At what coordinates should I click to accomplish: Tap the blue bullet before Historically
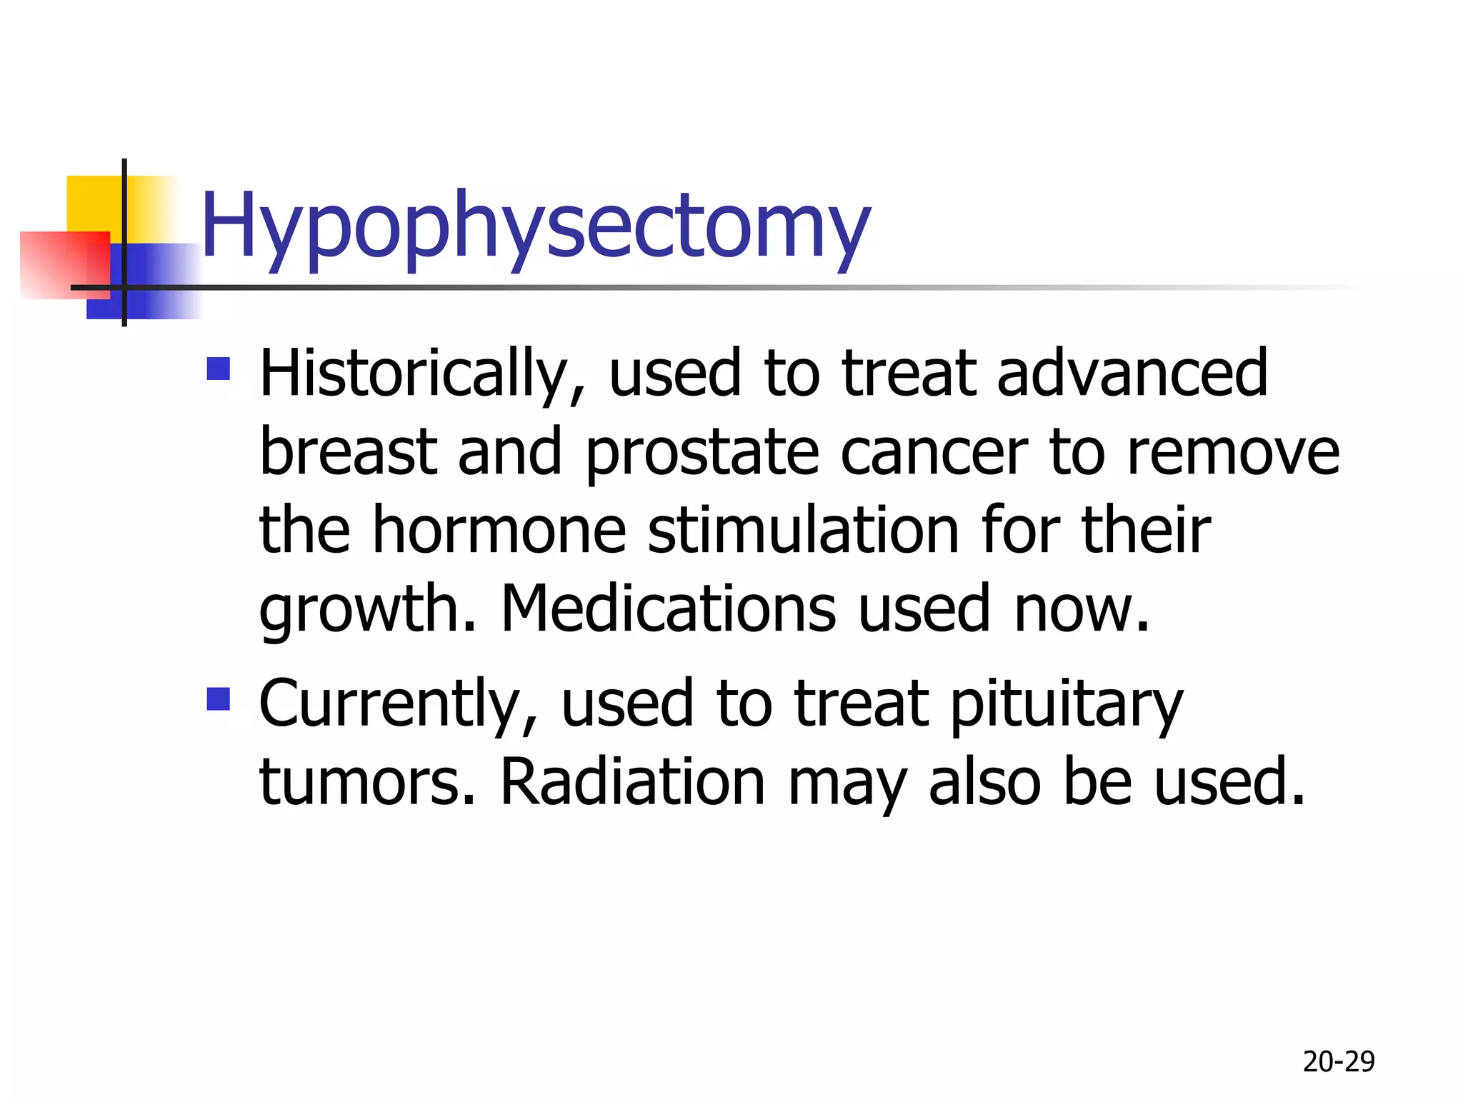coord(219,369)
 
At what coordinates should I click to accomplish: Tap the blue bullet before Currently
coord(219,699)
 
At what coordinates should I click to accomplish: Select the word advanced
coord(1132,374)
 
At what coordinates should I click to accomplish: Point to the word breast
coord(348,452)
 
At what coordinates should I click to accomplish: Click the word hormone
coord(499,531)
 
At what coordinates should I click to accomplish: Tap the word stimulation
coord(804,531)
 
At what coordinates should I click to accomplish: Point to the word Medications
coord(668,609)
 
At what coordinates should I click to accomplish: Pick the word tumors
coord(367,783)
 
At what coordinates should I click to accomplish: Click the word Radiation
coord(632,783)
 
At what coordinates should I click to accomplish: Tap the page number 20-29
coord(1339,1062)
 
